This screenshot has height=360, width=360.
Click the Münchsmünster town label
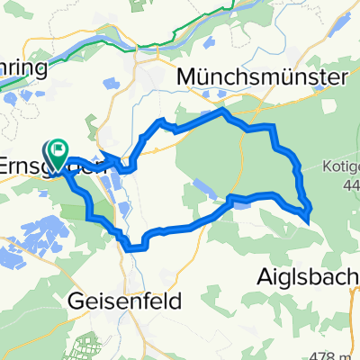pos(263,78)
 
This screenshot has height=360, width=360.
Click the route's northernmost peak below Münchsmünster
pos(221,111)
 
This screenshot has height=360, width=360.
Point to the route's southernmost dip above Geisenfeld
pos(136,245)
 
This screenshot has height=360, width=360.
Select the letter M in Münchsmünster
pos(187,78)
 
